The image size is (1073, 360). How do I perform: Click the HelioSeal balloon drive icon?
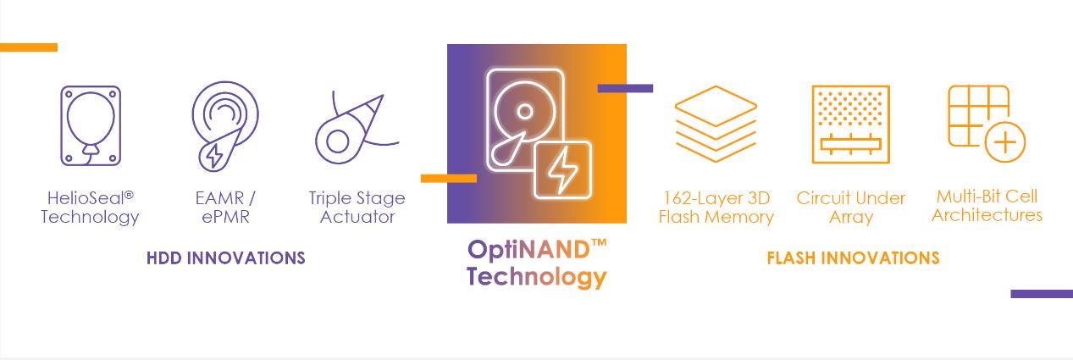click(x=90, y=125)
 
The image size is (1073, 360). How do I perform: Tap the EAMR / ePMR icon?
click(x=224, y=125)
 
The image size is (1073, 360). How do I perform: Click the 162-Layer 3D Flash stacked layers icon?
click(x=716, y=125)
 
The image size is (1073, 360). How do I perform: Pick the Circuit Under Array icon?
click(x=850, y=124)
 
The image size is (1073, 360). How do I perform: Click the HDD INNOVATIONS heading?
click(x=225, y=258)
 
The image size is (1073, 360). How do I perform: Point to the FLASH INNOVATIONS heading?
click(x=853, y=258)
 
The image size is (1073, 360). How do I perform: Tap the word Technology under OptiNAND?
click(x=537, y=277)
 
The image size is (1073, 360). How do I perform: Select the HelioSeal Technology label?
click(x=90, y=208)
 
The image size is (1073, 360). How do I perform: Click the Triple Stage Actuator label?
click(x=357, y=208)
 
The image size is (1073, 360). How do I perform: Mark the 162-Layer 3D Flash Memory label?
click(x=716, y=208)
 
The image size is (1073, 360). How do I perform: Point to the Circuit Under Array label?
click(x=850, y=208)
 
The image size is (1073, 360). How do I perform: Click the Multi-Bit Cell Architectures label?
click(x=987, y=206)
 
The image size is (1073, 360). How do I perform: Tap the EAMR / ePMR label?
click(x=224, y=208)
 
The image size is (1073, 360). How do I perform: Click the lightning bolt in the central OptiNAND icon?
click(x=562, y=170)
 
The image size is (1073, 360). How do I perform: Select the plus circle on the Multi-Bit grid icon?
click(x=1005, y=142)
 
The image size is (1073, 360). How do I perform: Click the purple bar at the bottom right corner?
click(x=1041, y=294)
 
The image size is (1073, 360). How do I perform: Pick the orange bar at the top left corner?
click(x=29, y=47)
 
